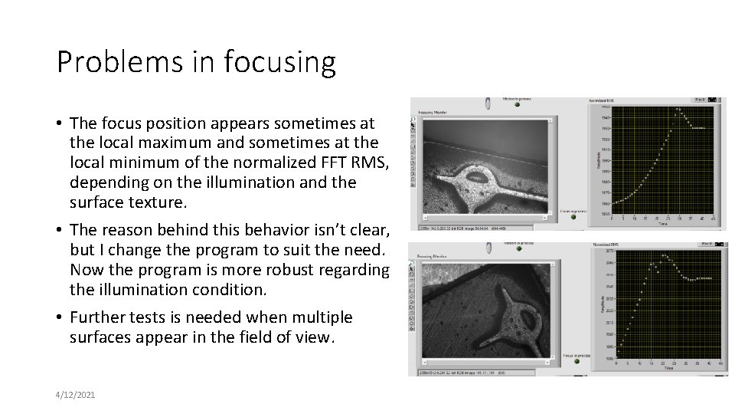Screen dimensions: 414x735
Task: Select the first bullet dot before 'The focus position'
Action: (60, 123)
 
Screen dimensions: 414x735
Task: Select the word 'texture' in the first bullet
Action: (158, 202)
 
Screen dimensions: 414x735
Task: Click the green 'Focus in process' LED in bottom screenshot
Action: (577, 363)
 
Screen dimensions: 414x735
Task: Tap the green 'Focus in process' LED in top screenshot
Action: (573, 216)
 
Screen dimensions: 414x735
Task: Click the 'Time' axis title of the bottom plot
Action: (668, 369)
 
